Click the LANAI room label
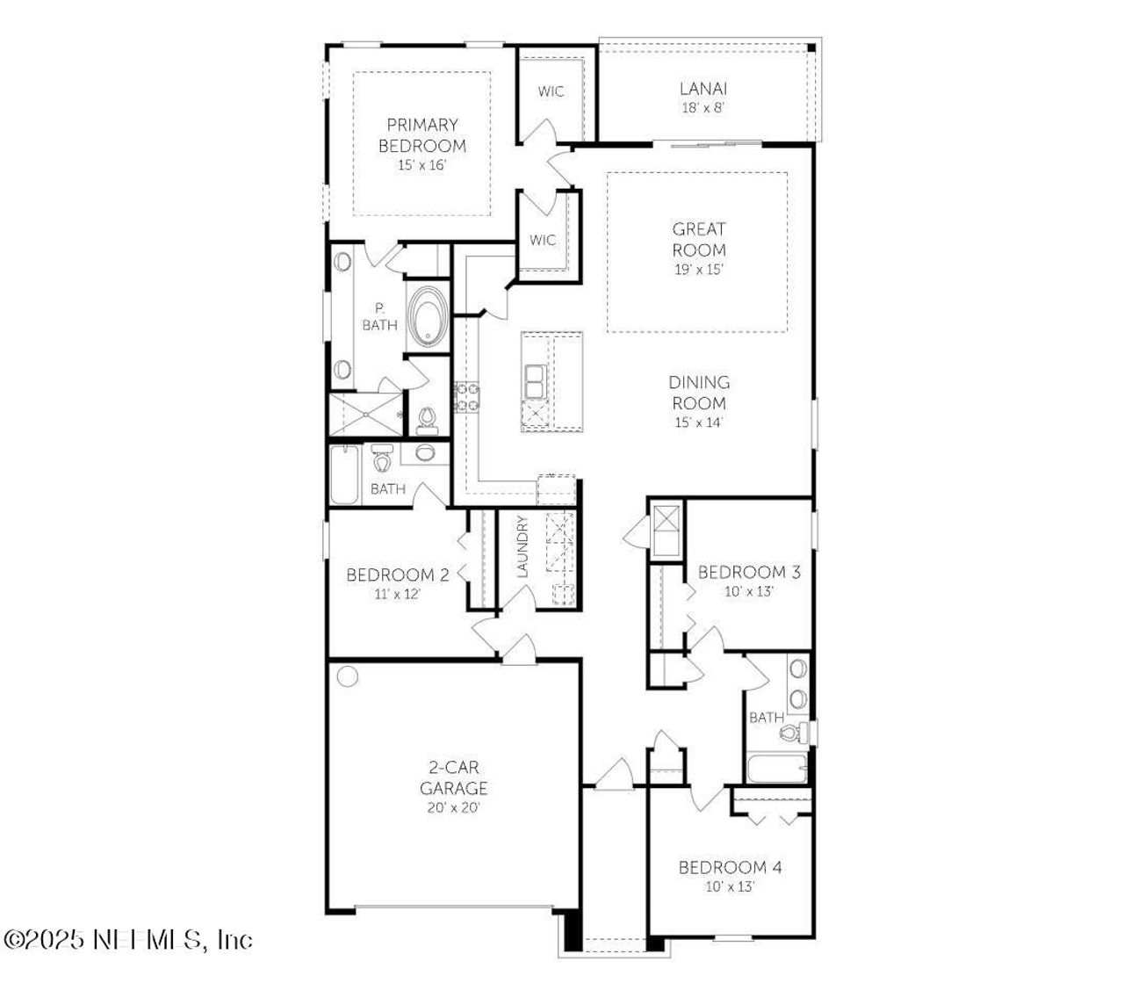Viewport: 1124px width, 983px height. tap(702, 88)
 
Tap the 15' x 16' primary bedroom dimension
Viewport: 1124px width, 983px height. tap(421, 165)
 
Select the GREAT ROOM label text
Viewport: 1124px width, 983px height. tap(699, 239)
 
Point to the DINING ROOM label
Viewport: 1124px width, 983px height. tap(699, 393)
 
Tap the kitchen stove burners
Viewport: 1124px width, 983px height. tap(466, 396)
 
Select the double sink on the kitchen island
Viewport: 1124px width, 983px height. tap(534, 380)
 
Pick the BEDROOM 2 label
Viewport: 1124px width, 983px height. tap(398, 575)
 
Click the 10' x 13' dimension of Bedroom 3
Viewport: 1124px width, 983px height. tap(748, 591)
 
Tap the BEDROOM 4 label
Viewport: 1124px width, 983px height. tap(730, 868)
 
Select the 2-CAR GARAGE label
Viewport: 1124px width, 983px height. tap(453, 777)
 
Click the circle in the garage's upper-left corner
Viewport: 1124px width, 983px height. tap(348, 677)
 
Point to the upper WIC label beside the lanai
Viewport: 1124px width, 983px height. tap(551, 91)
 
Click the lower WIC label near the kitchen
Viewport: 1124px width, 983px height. tap(543, 240)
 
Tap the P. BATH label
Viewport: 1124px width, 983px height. tap(379, 317)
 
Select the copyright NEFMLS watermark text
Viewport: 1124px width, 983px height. tap(128, 940)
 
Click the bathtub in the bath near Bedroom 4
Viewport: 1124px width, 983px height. tap(776, 770)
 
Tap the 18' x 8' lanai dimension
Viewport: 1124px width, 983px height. tap(702, 108)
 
